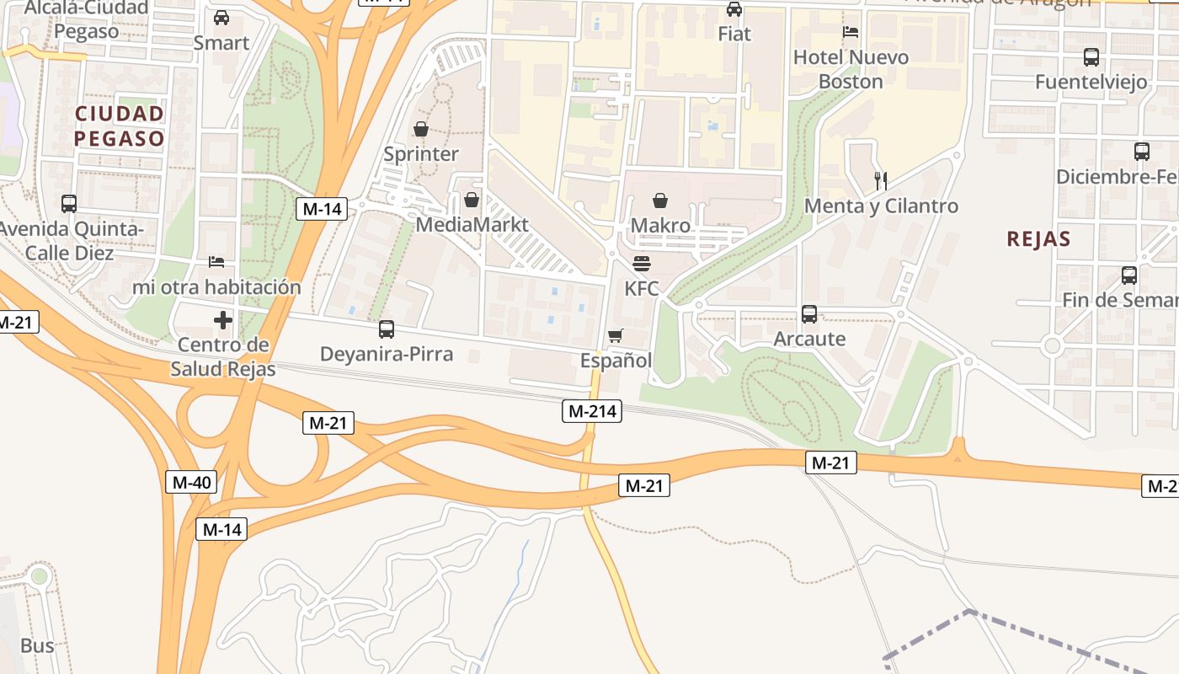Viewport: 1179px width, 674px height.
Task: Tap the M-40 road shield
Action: tap(190, 483)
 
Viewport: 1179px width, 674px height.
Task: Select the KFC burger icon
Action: tap(641, 263)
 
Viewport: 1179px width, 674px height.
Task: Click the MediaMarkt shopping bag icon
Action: tap(472, 200)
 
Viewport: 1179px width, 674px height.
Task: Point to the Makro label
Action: tap(660, 226)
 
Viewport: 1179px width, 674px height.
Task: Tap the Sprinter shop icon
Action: tap(421, 129)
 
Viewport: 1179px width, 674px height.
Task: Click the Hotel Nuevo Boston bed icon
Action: tap(851, 32)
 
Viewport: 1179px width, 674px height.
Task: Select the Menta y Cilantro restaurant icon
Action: tap(881, 180)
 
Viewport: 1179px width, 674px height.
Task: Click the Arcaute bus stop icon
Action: tap(809, 314)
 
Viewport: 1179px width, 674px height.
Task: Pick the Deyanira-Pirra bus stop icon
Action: tap(387, 329)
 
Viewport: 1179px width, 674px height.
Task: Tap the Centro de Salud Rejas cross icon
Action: tap(223, 320)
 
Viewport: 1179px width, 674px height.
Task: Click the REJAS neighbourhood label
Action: tap(1038, 238)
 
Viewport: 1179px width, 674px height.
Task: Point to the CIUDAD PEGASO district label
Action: tap(119, 126)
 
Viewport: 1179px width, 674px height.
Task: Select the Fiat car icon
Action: tap(734, 9)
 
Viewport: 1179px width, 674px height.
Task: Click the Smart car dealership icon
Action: tap(221, 18)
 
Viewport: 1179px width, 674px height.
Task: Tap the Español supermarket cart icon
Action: tap(616, 336)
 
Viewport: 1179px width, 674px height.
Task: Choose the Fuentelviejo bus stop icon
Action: tap(1091, 57)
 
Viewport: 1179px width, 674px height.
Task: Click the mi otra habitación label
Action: tap(216, 287)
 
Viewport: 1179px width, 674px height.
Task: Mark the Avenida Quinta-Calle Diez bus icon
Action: tap(69, 204)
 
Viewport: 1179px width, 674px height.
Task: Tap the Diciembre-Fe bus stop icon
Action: tap(1142, 152)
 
